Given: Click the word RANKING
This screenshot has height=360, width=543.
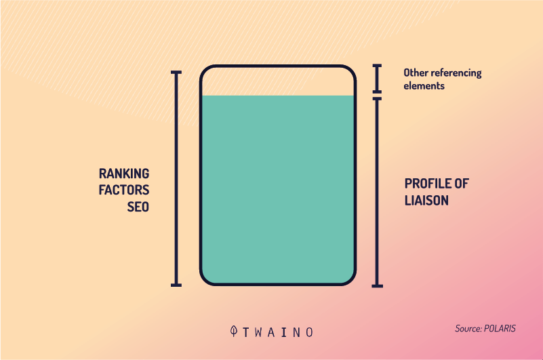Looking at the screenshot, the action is click(124, 174).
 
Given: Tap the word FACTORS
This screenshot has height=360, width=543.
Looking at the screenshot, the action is click(124, 190).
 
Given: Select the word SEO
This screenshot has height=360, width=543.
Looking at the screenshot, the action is click(138, 207).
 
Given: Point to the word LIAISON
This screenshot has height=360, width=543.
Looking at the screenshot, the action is click(426, 201).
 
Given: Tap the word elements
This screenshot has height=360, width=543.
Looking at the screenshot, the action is click(424, 85).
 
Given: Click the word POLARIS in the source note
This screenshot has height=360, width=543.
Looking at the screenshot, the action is click(500, 328).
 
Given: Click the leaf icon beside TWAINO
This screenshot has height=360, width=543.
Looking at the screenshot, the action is click(234, 331).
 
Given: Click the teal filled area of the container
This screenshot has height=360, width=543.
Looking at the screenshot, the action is click(278, 189).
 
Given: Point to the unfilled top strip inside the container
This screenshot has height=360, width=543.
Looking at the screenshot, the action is click(278, 81).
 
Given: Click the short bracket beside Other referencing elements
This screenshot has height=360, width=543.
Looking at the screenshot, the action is click(377, 79).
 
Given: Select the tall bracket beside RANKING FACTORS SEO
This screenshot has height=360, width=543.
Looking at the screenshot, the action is click(176, 179).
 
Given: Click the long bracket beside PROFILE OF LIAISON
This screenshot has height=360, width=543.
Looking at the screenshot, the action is click(377, 193).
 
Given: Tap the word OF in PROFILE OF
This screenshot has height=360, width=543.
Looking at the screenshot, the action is click(462, 184).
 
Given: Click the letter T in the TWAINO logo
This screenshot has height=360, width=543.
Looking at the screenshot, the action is click(246, 333).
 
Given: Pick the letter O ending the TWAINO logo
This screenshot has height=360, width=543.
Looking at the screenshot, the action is click(310, 333).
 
